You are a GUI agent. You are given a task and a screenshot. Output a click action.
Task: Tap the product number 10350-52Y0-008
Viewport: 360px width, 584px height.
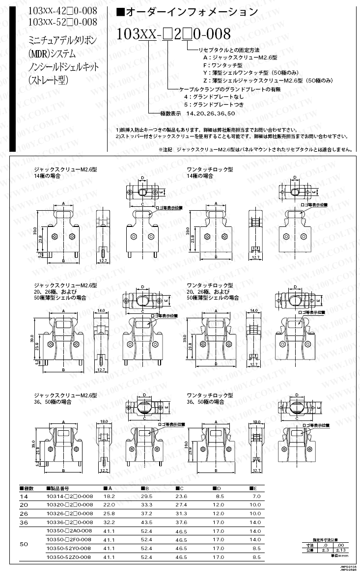coord(68,548)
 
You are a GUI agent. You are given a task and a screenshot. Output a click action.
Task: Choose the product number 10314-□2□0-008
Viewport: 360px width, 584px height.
coord(69,497)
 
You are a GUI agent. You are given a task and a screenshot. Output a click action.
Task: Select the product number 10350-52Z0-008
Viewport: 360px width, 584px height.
coord(68,557)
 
